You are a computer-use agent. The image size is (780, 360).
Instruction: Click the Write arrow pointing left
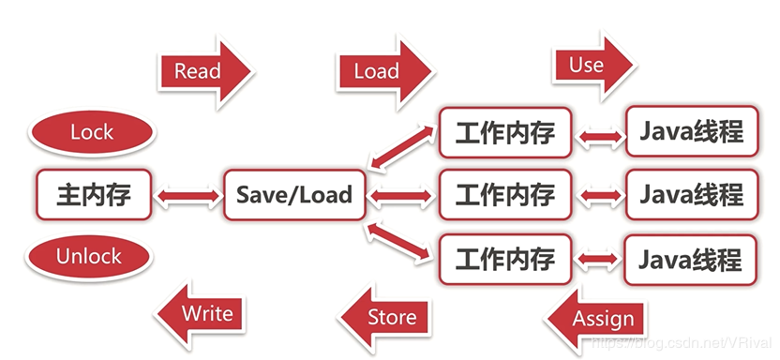coord(201,312)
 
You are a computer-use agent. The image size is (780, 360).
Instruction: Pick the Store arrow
coord(384,317)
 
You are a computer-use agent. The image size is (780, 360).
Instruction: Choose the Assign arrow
coord(596,319)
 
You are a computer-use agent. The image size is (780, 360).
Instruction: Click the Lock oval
coord(91,132)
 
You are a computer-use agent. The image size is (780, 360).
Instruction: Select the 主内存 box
coord(94,195)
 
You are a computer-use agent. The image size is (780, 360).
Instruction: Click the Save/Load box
coord(294,195)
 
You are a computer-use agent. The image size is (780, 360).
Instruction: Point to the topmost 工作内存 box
coord(504,132)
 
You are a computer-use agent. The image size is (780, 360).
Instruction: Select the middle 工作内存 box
coord(504,195)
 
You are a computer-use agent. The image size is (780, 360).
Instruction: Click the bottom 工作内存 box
coord(504,259)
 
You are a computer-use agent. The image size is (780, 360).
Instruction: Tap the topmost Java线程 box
coord(691,132)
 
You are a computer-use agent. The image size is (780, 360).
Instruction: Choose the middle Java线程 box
coord(691,195)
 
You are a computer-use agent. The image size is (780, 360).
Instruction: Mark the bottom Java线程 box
coord(691,259)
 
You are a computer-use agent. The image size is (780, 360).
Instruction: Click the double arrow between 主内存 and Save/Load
coord(187,196)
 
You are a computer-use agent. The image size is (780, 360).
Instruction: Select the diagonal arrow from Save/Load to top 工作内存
coord(402,147)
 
